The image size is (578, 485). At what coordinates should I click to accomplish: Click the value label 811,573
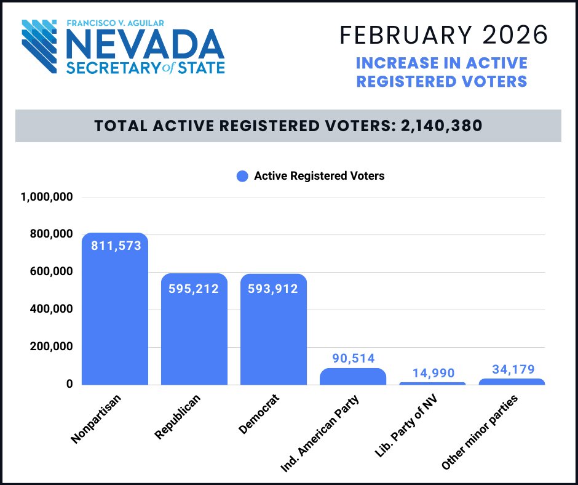116,246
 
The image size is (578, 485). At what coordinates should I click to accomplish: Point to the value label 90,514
353,358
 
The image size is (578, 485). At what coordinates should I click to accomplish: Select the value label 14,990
434,373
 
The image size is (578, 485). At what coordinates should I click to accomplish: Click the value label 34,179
513,369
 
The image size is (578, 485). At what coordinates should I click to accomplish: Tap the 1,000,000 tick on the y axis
47,197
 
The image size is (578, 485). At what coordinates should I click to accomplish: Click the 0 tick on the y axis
69,384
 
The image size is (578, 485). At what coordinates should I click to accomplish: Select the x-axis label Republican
178,417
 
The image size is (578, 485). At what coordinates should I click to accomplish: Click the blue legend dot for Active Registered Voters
242,176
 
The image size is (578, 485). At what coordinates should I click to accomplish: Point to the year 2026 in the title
515,35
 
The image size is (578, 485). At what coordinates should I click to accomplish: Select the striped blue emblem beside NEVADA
42,46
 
